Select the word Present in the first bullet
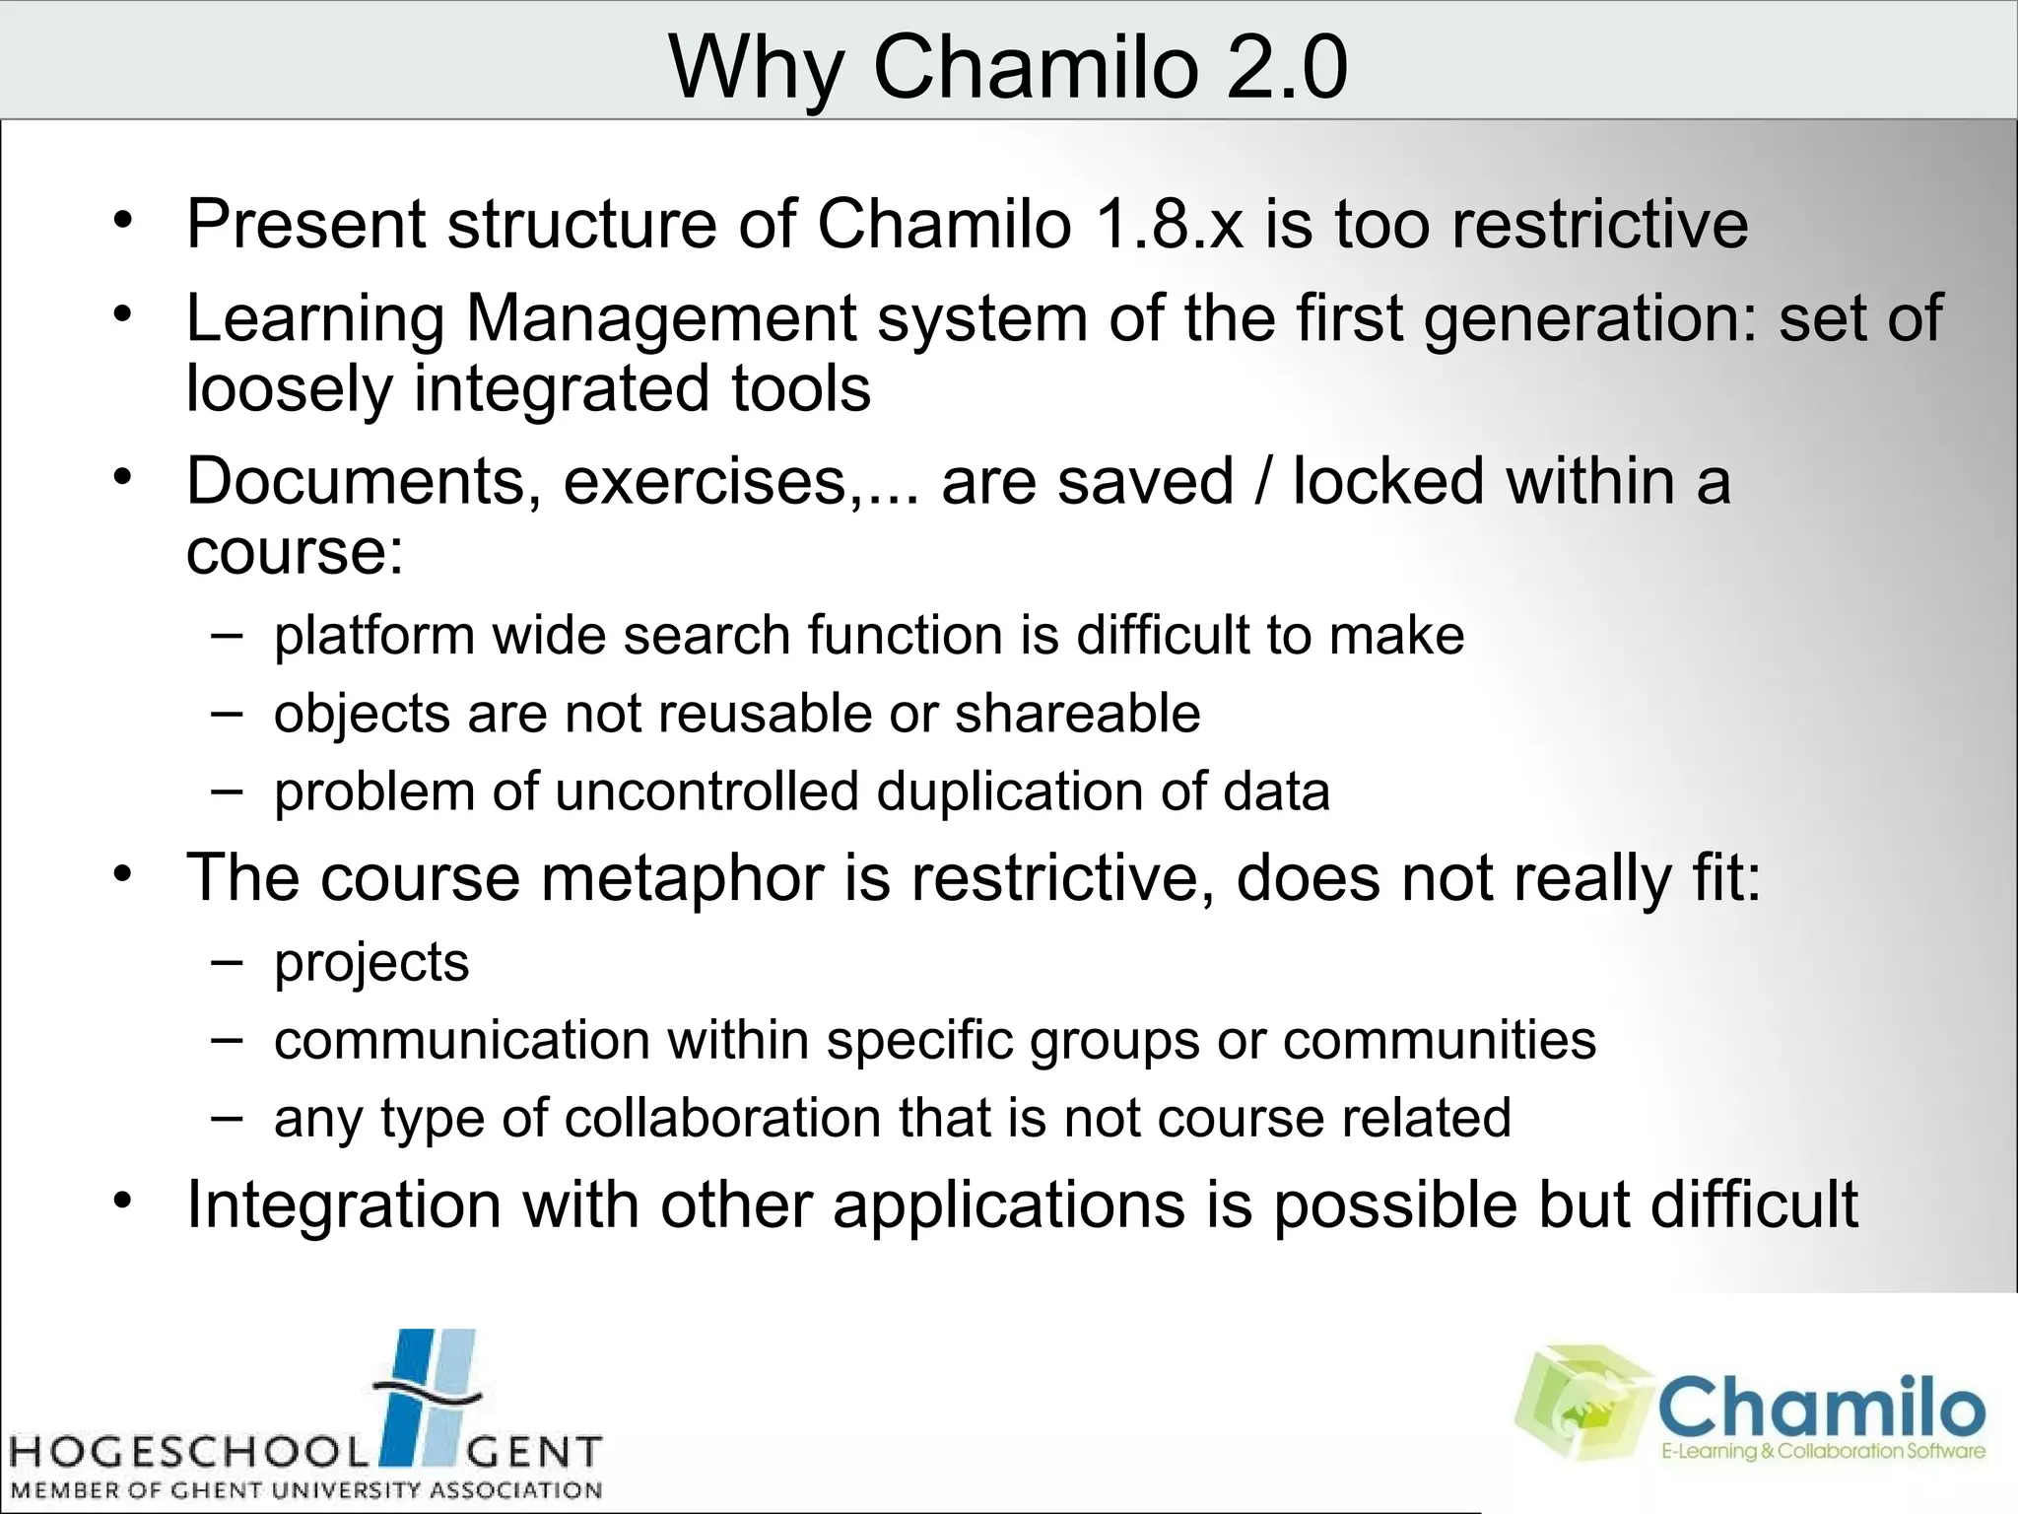pos(306,224)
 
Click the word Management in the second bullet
pos(661,319)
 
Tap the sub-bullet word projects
pos(371,962)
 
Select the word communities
pos(1439,1040)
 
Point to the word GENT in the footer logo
pos(532,1453)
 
